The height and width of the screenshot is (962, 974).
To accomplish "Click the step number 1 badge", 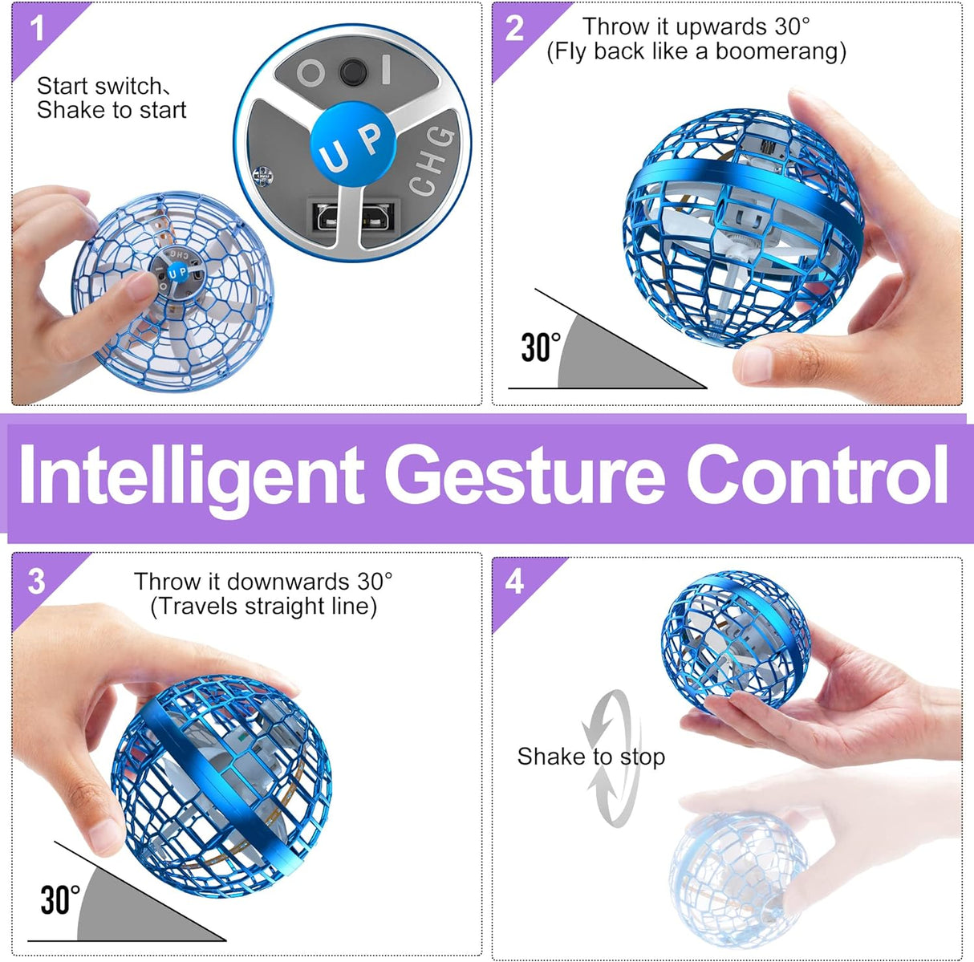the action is point(37,28).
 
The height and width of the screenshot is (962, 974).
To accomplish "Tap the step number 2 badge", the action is point(514,28).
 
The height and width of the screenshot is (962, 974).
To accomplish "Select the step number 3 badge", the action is point(36,582).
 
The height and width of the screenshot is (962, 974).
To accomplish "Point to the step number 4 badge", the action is point(514,582).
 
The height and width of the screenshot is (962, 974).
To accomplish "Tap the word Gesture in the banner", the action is point(525,475).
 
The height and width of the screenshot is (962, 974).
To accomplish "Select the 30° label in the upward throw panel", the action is point(541,347).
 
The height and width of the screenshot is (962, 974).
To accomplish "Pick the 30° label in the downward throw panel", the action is point(60,900).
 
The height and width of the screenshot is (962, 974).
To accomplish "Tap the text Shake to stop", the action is point(590,757).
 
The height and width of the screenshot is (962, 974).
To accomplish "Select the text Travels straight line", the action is point(264,606).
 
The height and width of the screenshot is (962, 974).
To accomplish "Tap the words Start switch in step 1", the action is point(99,86).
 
